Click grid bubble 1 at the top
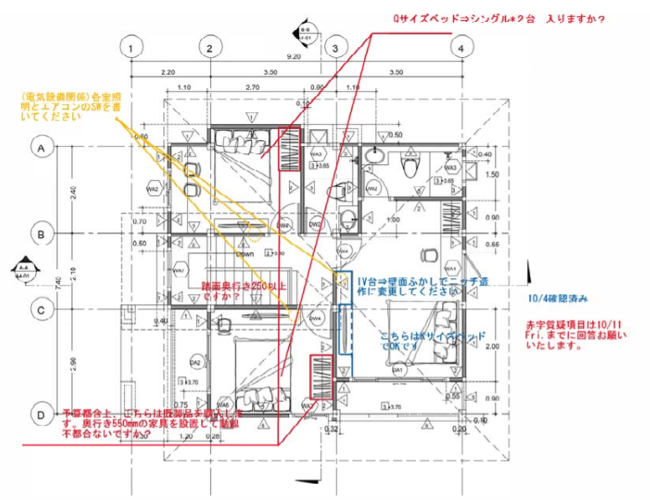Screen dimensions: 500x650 [131, 48]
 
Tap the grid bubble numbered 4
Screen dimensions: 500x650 [460, 48]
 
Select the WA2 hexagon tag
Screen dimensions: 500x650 [153, 189]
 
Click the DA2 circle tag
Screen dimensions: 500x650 [195, 362]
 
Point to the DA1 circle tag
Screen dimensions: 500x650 [399, 369]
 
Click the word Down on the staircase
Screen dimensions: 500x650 [245, 253]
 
